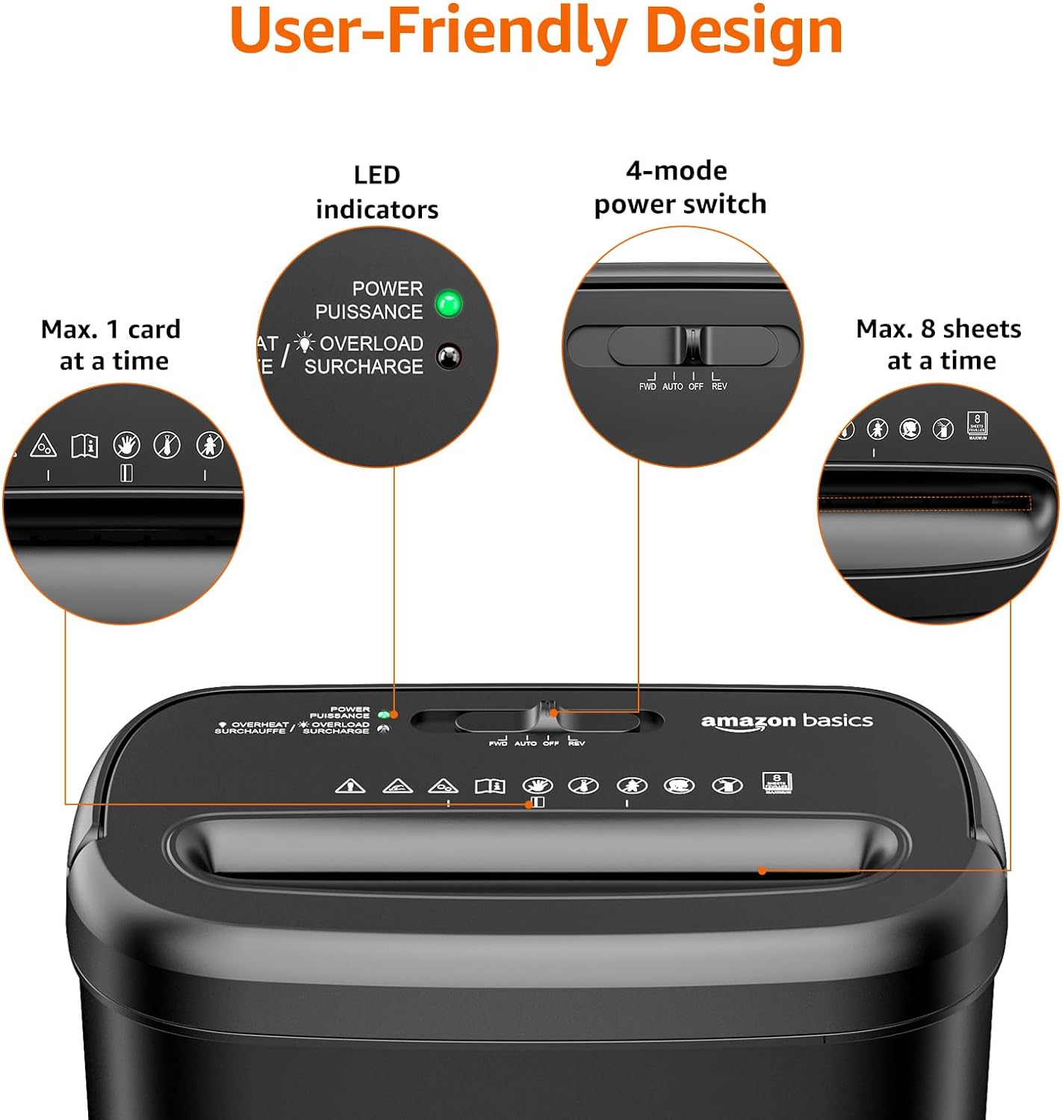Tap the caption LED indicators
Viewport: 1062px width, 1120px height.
pos(377,192)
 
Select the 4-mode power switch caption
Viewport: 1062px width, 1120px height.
pos(680,187)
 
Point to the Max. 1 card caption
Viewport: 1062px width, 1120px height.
pos(111,345)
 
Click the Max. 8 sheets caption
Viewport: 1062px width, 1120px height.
pos(939,344)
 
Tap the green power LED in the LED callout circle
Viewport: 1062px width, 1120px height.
pos(449,304)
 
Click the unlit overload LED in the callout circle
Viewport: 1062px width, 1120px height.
pos(449,356)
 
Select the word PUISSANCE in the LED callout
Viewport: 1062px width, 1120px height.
pos(369,311)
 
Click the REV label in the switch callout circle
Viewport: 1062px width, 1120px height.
pos(719,386)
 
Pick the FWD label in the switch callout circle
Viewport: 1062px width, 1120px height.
pos(648,386)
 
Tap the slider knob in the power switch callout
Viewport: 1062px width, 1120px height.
pos(693,345)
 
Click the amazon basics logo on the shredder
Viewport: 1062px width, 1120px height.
pos(786,721)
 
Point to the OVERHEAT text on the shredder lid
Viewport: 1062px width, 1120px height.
pos(259,724)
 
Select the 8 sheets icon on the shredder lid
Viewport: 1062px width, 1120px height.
pos(777,783)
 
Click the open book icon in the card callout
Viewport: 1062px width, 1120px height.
pos(84,446)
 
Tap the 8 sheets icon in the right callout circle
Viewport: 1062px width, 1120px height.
pos(977,423)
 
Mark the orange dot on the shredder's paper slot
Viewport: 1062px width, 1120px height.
pos(762,871)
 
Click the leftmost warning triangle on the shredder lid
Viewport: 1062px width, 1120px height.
pos(350,785)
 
